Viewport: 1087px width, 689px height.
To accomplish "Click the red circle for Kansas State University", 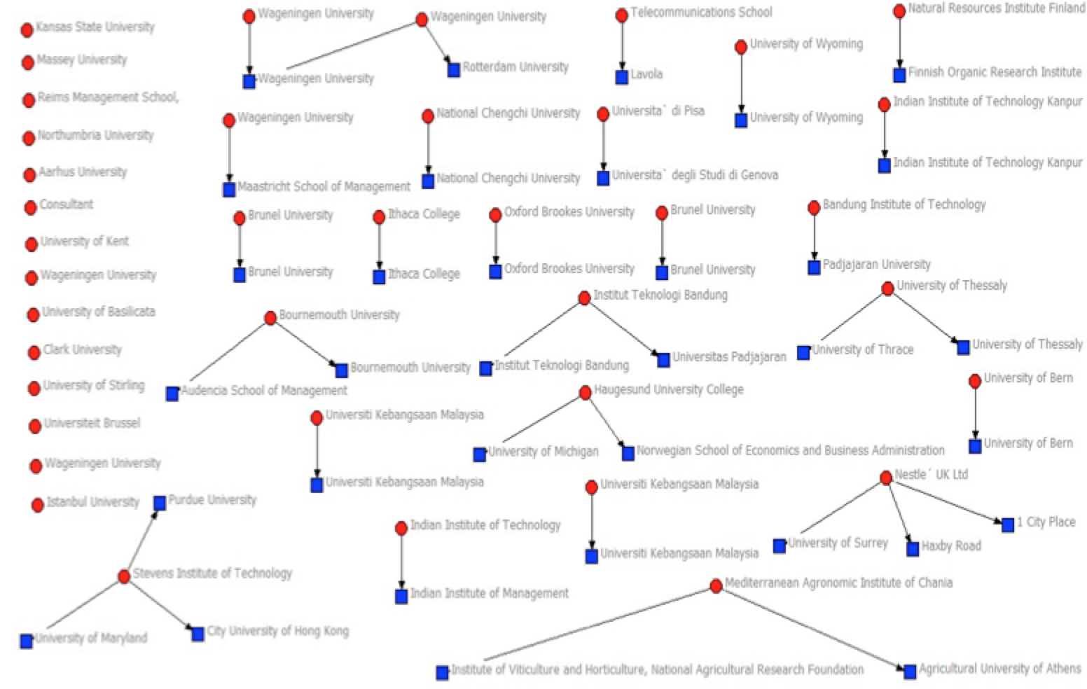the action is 27,30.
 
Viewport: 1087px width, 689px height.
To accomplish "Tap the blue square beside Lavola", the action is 622,77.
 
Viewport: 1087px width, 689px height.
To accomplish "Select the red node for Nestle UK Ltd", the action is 886,478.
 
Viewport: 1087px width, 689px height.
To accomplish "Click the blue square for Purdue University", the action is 160,503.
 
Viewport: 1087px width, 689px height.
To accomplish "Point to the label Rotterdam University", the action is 515,67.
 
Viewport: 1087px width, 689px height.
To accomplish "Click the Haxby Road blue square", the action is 913,549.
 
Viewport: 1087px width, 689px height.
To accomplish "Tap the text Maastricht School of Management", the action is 324,186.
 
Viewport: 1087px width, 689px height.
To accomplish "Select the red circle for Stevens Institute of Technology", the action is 124,576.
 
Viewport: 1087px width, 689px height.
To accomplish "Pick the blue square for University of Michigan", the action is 480,454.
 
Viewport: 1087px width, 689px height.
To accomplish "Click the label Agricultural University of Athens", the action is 1000,669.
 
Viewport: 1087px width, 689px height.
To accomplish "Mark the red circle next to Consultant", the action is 31,208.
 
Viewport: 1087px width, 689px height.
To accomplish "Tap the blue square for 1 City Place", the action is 1008,525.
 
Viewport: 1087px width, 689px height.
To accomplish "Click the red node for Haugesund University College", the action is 586,393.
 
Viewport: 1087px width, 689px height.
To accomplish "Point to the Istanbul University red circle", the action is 38,505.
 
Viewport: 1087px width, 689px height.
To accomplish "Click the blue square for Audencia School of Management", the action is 172,394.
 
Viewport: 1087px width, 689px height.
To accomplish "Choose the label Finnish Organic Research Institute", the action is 995,72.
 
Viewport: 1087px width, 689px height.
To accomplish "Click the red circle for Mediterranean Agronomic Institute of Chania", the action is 716,586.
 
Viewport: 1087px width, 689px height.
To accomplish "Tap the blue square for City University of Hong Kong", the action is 198,634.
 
